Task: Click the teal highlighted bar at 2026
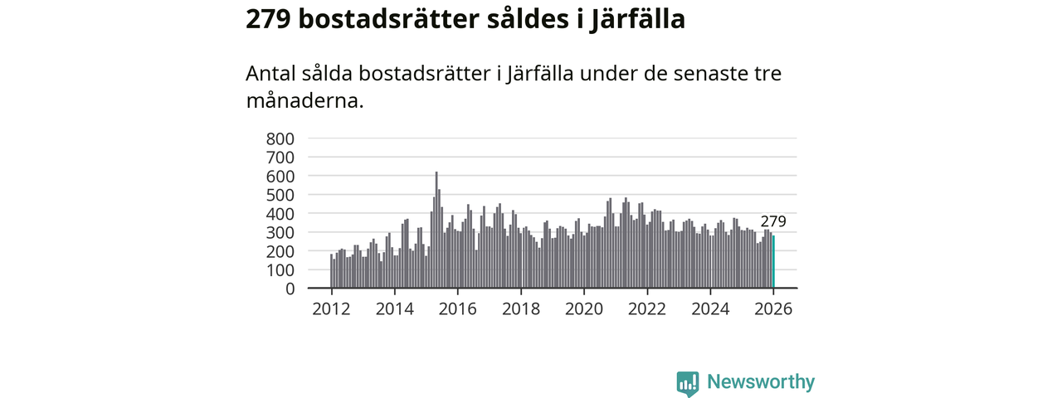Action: coord(773,262)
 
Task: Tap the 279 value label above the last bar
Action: coord(772,221)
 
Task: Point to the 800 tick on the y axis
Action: coord(280,138)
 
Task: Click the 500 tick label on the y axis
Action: coord(280,195)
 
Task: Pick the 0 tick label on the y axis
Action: coord(289,289)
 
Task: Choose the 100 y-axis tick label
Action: coord(280,270)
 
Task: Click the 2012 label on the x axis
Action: coord(331,308)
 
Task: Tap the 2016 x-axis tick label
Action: coord(457,308)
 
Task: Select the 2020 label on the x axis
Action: coord(584,308)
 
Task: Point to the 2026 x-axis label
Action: coord(773,308)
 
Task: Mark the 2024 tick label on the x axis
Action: coord(710,308)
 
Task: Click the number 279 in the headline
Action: coord(267,19)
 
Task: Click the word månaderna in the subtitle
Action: coord(304,101)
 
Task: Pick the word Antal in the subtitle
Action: coord(270,73)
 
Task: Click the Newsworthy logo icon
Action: coord(687,383)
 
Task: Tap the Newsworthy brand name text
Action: coord(760,382)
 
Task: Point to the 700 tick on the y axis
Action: coord(280,158)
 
